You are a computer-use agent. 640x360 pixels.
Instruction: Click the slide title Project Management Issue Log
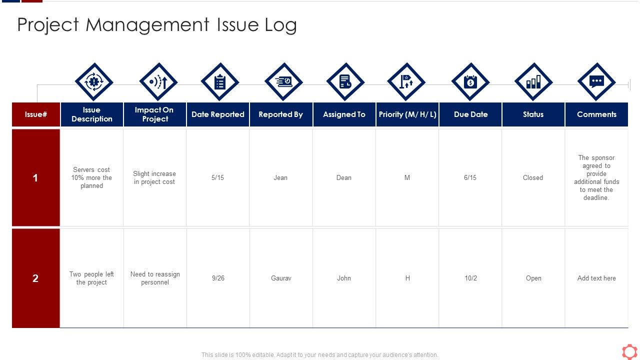coord(157,25)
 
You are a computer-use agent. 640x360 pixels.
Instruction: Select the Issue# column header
coord(36,114)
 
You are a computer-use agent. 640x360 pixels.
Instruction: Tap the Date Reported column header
coord(218,114)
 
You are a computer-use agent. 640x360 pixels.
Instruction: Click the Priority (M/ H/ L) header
coord(407,114)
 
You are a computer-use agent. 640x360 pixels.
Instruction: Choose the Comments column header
coord(596,114)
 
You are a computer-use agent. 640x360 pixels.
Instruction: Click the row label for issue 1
coord(35,178)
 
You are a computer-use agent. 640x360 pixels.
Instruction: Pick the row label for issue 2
coord(35,278)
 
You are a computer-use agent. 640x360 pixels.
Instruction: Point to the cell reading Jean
coord(280,178)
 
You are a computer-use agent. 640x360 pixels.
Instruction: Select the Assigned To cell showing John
coord(344,278)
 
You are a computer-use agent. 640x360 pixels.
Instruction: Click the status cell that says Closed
coord(533,178)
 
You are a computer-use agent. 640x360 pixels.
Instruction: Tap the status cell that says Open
coord(533,278)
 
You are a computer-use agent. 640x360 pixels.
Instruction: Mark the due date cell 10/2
coord(470,278)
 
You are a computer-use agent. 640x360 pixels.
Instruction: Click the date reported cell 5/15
coord(218,178)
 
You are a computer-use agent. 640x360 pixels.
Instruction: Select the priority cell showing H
coord(407,278)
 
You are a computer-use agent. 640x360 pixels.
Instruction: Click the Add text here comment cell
coord(596,278)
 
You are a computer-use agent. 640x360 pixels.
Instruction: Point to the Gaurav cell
coord(281,278)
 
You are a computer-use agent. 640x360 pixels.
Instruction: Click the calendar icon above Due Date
coord(470,82)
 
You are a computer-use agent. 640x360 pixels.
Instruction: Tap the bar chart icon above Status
coord(533,82)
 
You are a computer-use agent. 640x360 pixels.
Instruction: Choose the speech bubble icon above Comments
coord(596,82)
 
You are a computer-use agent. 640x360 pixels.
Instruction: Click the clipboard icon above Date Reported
coord(220,82)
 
